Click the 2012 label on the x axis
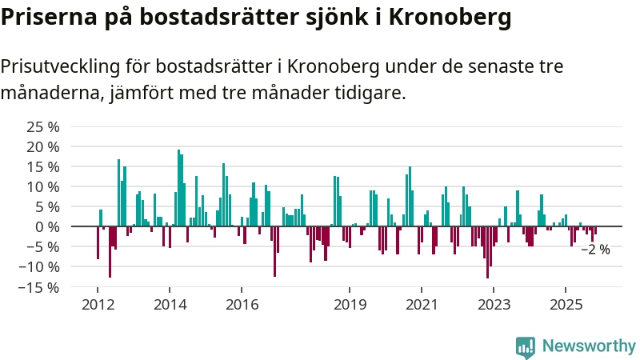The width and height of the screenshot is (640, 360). pos(98,305)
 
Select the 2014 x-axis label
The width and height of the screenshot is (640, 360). pos(170,305)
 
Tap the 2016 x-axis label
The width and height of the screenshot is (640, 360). pos(242,305)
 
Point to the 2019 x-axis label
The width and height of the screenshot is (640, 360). pos(350,305)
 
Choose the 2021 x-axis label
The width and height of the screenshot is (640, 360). pos(422,305)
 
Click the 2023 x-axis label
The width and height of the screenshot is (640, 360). pos(494,305)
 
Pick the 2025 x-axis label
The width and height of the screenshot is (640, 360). pos(566,305)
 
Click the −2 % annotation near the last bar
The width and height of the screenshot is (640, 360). pos(594,250)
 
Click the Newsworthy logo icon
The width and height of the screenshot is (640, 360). pos(526,346)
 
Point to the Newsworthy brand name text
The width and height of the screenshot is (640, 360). pos(589,346)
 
